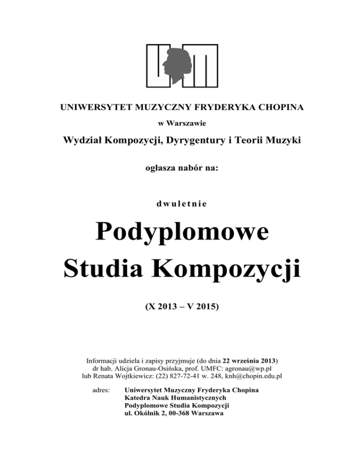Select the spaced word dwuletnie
click(180, 204)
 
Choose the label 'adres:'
click(99, 390)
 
